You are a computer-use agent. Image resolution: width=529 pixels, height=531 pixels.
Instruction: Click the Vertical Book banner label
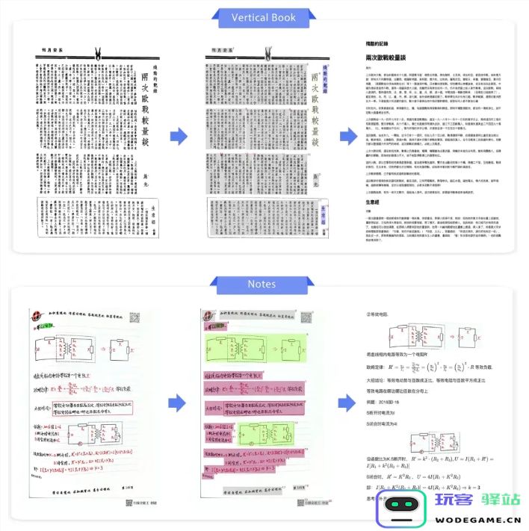tap(264, 17)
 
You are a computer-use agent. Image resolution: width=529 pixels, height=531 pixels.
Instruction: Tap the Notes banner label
tap(264, 284)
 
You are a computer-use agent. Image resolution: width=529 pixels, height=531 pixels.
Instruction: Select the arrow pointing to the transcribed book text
tap(349, 135)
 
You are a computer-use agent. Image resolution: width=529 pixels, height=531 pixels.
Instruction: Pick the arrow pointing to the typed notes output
tap(349, 403)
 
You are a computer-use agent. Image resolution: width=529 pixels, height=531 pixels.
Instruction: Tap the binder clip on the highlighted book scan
tap(268, 54)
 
